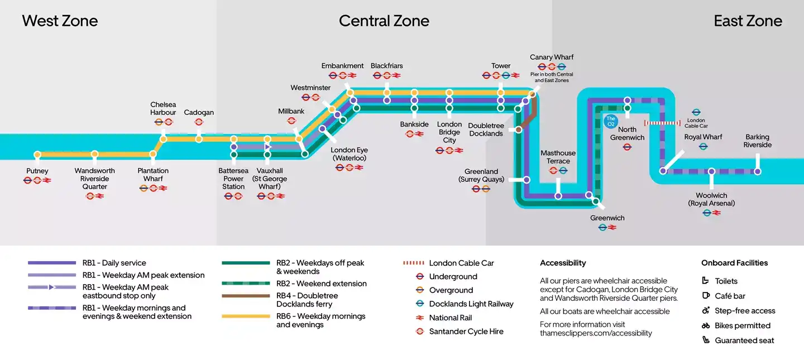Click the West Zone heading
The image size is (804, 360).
(x=60, y=21)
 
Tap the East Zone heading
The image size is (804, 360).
(x=748, y=21)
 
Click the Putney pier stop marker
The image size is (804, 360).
(x=37, y=155)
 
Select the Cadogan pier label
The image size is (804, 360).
(x=199, y=112)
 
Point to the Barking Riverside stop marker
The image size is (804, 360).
(x=757, y=171)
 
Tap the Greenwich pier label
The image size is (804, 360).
(x=607, y=218)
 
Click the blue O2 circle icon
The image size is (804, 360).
(x=611, y=121)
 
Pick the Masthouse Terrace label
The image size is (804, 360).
(x=558, y=157)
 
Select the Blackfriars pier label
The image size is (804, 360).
(x=386, y=66)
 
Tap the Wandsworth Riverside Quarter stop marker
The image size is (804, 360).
(x=95, y=154)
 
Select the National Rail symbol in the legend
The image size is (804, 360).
(x=420, y=318)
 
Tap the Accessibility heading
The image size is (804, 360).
(x=563, y=263)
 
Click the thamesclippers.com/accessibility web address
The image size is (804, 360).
(x=596, y=333)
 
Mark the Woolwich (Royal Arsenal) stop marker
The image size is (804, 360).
(x=711, y=171)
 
